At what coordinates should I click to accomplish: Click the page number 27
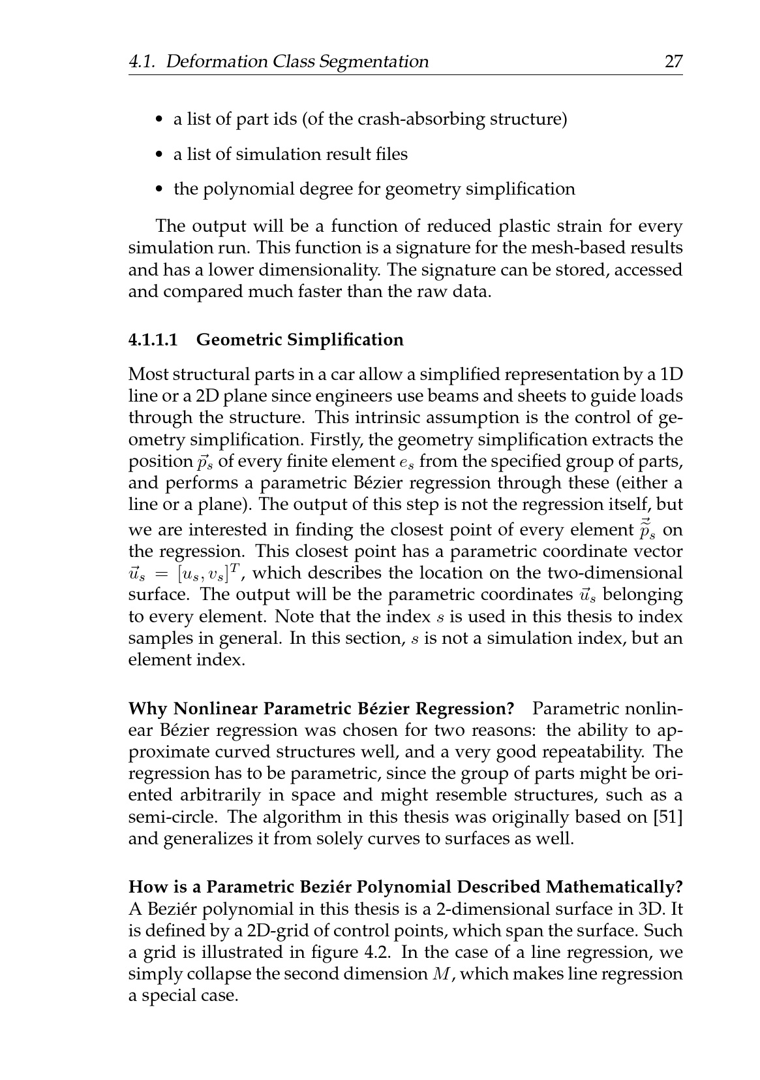point(673,62)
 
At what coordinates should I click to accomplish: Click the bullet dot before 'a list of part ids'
point(159,120)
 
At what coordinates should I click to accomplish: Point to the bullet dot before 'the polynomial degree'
point(159,190)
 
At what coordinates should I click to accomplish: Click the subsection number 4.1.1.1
point(153,340)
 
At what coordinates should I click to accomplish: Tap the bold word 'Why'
point(148,709)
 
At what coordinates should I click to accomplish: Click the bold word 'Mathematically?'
point(614,887)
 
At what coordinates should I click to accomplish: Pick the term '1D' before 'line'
point(671,375)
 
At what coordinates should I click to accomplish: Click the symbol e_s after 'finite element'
point(405,462)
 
